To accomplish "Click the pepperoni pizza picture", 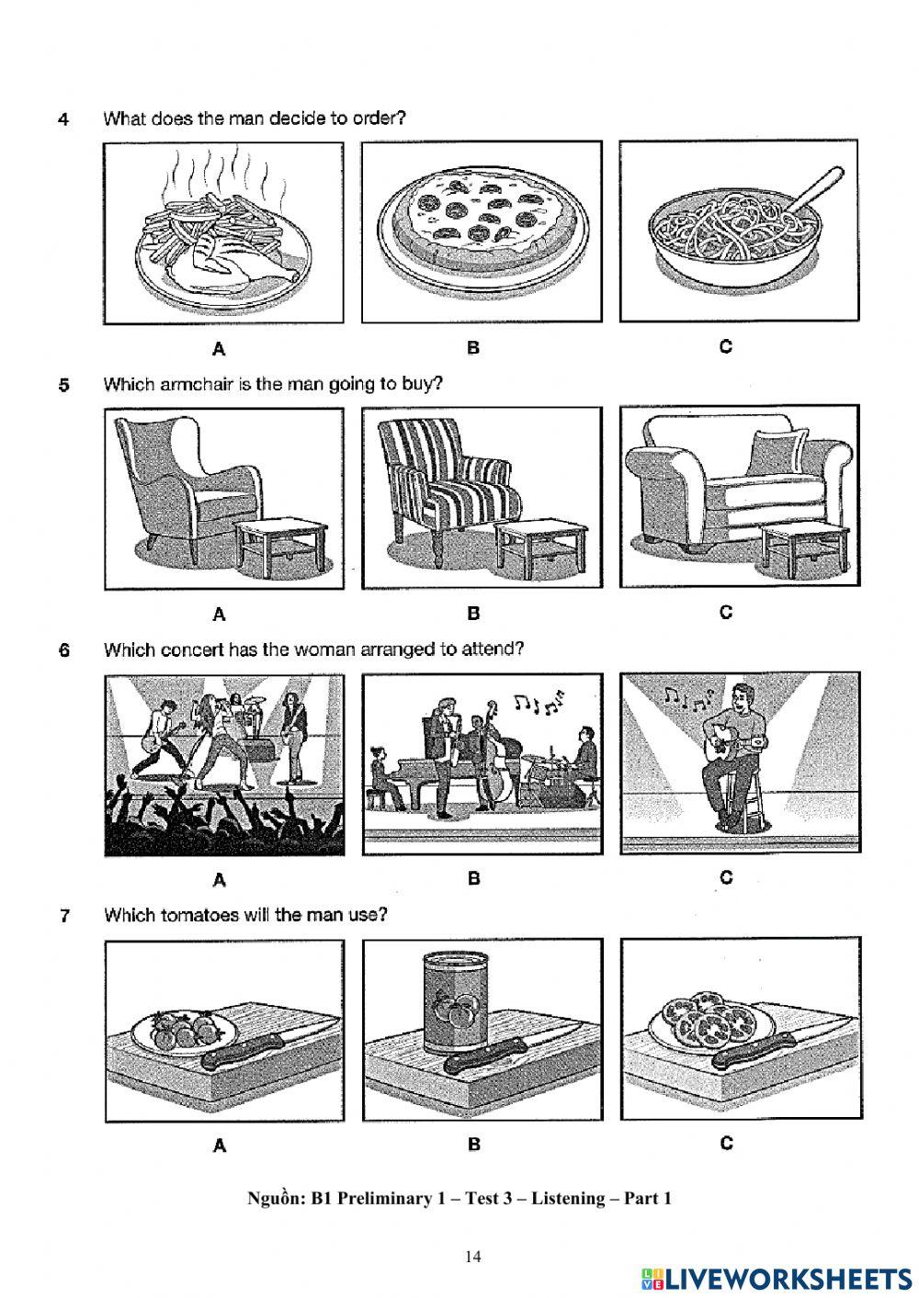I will coord(481,221).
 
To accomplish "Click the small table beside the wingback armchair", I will coord(281,546).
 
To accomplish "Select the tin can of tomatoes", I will coord(458,1003).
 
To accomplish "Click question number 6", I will coord(63,650).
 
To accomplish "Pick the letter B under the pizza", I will coord(473,348).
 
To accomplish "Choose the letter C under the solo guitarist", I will coord(726,878).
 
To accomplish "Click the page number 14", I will coord(473,1258).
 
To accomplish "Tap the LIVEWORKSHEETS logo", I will coord(777,1278).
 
